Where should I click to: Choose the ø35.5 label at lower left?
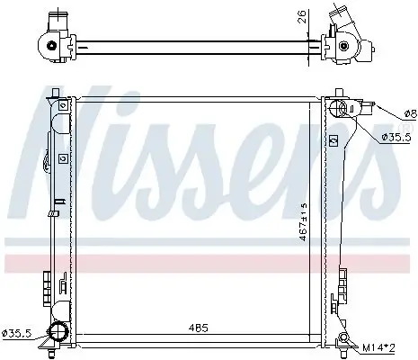16,333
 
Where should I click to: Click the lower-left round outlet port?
60,332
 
